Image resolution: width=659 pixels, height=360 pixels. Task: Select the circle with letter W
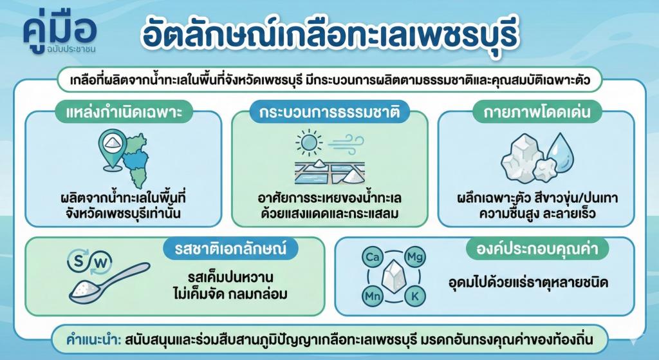pyautogui.click(x=102, y=262)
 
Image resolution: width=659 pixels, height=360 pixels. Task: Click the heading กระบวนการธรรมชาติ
pyautogui.click(x=329, y=112)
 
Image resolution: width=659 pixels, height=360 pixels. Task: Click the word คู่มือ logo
pyautogui.click(x=60, y=29)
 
